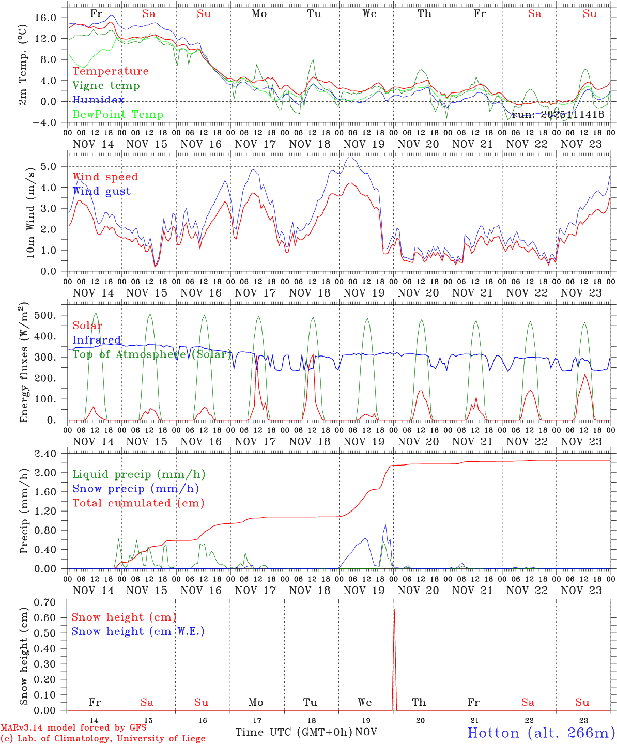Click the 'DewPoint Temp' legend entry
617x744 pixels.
pos(118,114)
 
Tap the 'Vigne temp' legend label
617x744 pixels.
pos(106,85)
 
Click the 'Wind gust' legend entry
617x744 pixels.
pos(101,191)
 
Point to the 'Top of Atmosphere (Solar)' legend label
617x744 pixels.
pos(152,354)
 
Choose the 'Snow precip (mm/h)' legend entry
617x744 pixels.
pos(135,489)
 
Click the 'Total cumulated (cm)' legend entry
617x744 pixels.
pos(138,503)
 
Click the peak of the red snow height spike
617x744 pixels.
pos(394,610)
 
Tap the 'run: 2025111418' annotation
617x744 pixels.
pos(558,114)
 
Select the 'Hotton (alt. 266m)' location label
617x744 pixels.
pos(541,733)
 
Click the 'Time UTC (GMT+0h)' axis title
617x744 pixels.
pos(294,732)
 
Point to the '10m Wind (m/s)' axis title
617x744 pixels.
pos(31,213)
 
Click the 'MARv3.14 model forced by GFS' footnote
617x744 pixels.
pos(73,727)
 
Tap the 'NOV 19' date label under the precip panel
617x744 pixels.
pos(364,590)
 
